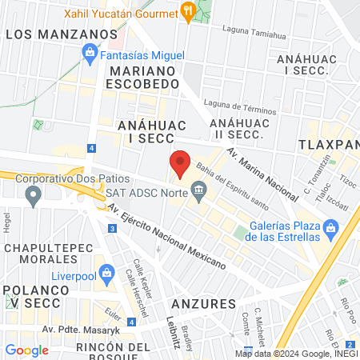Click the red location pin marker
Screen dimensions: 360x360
coord(181,162)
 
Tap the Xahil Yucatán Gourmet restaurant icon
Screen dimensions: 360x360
coord(189,10)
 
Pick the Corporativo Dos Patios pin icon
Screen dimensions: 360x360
coord(33,194)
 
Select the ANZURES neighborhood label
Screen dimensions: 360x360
coord(203,303)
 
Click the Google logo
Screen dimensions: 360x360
coord(26,350)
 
